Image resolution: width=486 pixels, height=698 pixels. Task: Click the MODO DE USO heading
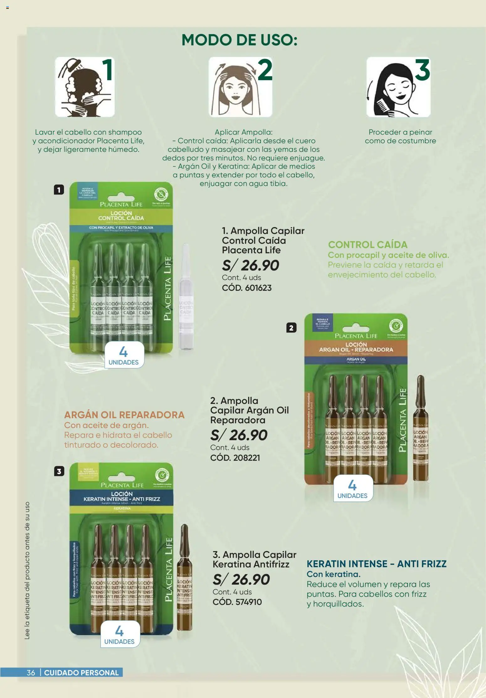coord(239,40)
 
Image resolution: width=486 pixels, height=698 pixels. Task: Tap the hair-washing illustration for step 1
coord(85,87)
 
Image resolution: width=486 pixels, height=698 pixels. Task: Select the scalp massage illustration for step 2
coord(240,87)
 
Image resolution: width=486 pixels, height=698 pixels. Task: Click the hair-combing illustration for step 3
coord(398,87)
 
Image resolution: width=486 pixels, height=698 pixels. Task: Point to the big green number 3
coord(422,70)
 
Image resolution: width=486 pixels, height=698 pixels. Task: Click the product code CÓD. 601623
coord(246,288)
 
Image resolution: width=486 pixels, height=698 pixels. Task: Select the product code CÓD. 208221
coord(235,458)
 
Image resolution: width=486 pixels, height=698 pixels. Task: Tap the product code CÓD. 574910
coord(237,602)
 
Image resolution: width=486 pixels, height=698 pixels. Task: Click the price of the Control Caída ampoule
coord(250,266)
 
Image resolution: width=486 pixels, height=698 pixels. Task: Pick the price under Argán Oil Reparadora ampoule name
coord(239,435)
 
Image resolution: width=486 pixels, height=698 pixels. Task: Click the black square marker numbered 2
coord(291,328)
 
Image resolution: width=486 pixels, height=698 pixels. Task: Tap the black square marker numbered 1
coord(59,190)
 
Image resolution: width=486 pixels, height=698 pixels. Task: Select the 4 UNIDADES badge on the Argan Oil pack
coord(352,488)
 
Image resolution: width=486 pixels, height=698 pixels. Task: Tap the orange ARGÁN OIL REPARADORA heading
coord(124,415)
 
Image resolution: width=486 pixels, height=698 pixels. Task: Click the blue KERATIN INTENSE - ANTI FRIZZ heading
coord(376,564)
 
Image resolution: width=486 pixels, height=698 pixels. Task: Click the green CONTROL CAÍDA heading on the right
coord(367,245)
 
